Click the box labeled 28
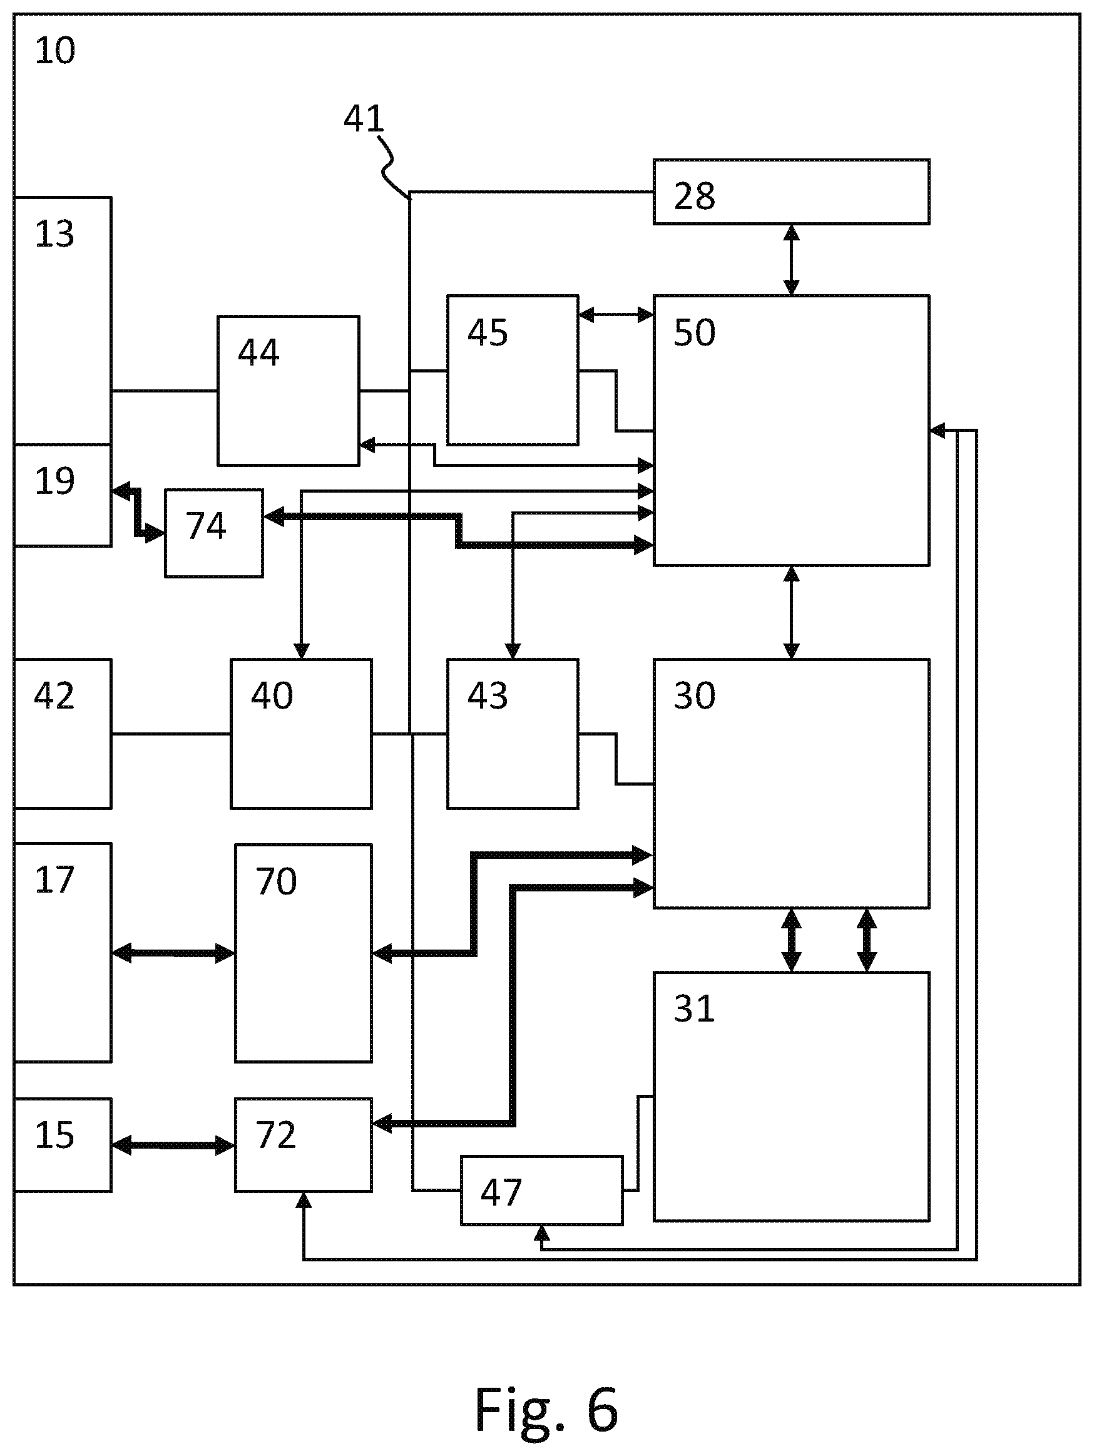tap(791, 192)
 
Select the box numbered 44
tap(289, 391)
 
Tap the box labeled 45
tap(513, 370)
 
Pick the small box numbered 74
tap(214, 533)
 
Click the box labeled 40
tap(301, 733)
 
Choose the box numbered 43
tap(513, 733)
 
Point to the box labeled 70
tap(304, 953)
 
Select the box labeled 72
tap(304, 1145)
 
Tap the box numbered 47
tap(542, 1190)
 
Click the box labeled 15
tap(63, 1145)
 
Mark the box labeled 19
tap(63, 495)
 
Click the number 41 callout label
tap(364, 118)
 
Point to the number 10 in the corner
tap(55, 51)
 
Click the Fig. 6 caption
tap(546, 1409)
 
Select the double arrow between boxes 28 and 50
tap(791, 260)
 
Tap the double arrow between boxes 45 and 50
tap(616, 315)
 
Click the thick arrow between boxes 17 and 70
tap(173, 953)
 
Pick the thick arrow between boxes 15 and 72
tap(173, 1146)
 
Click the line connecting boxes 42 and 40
tap(171, 733)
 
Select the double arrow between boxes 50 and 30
tap(791, 612)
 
